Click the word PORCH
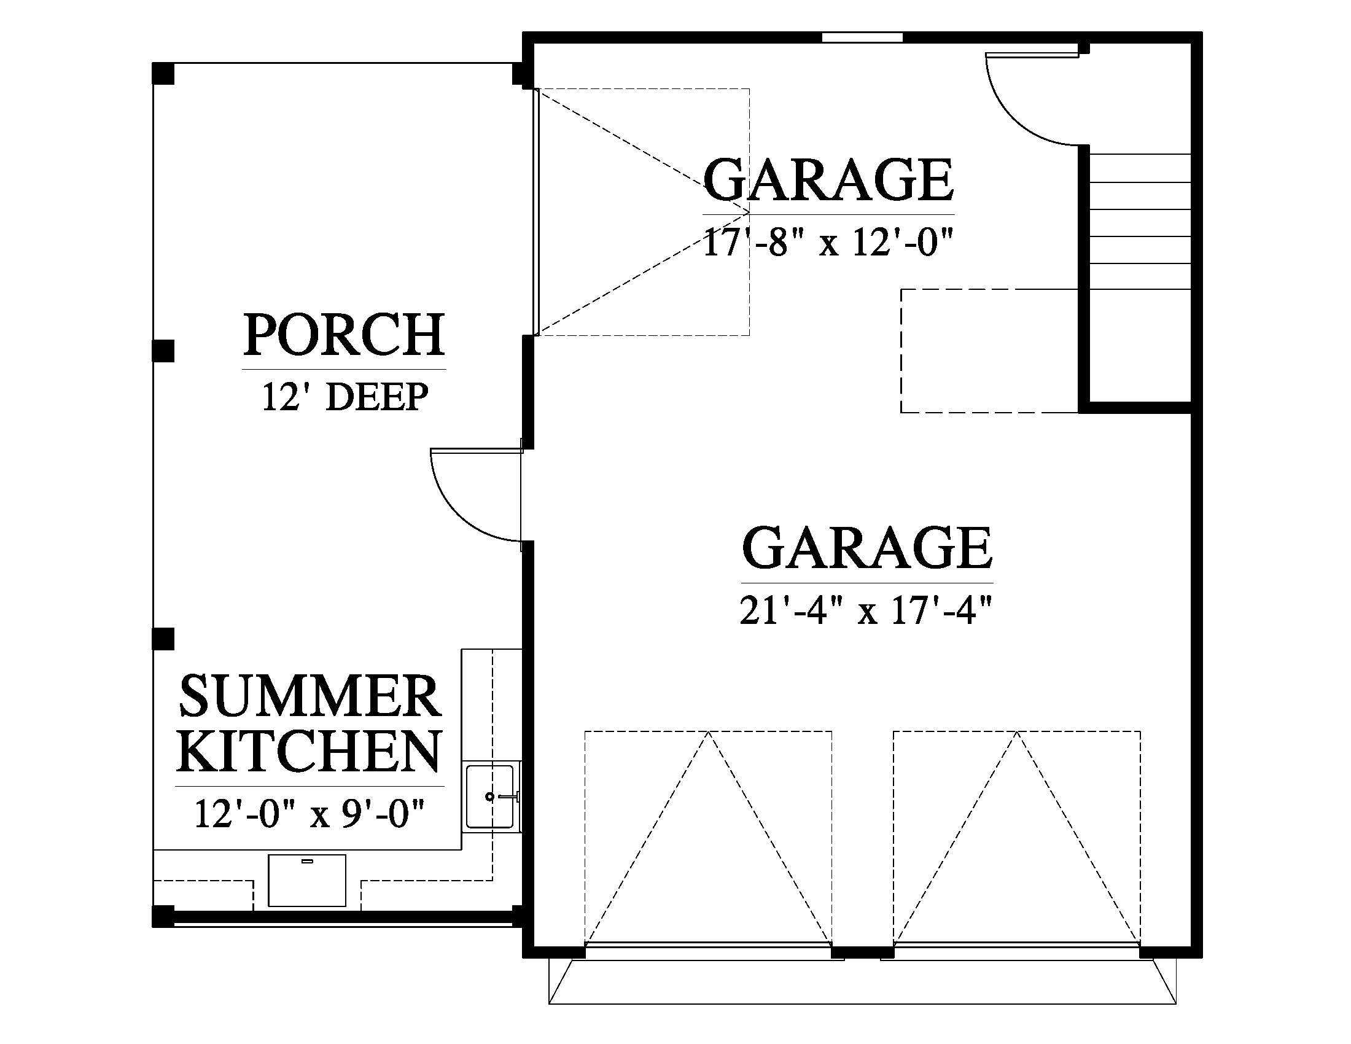(x=344, y=335)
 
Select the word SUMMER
(x=310, y=696)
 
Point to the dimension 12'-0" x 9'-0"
(x=310, y=813)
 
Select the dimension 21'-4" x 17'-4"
(x=866, y=611)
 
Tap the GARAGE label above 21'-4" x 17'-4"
(x=867, y=547)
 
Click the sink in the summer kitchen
(x=490, y=797)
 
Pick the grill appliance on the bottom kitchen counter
(x=307, y=880)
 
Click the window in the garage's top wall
(x=862, y=37)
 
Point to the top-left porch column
(x=163, y=74)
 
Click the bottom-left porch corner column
(x=163, y=917)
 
